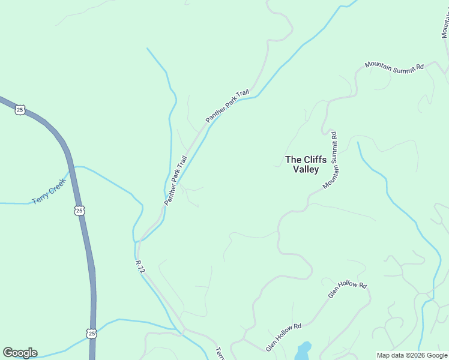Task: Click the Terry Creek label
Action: tap(49, 191)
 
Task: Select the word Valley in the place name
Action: tap(306, 169)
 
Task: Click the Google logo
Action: tap(20, 353)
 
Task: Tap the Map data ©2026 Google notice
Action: tap(412, 355)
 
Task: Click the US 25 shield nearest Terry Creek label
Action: tap(80, 211)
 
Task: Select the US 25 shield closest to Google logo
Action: tap(91, 333)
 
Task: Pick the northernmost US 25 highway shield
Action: tap(20, 110)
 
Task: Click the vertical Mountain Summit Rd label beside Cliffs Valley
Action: tap(331, 160)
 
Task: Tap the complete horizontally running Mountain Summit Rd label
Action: tap(394, 66)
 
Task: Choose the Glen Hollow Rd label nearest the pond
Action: tap(284, 337)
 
